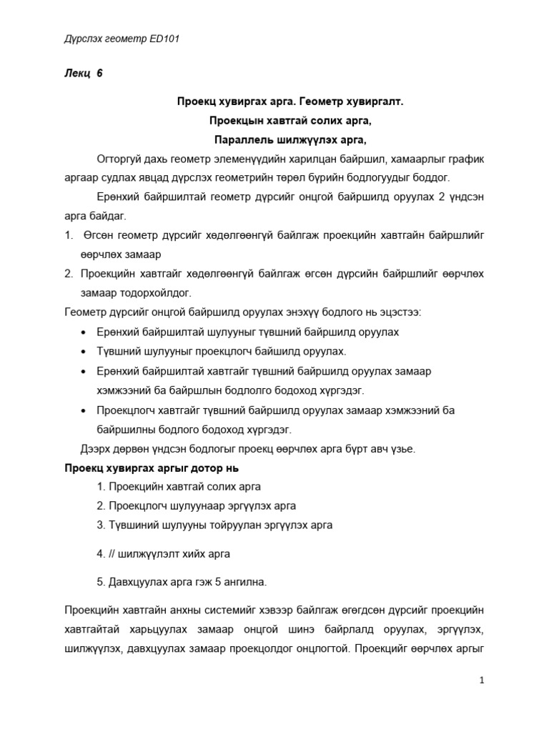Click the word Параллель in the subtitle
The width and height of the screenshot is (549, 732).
tap(241, 139)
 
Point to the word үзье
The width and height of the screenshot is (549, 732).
tap(402, 448)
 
